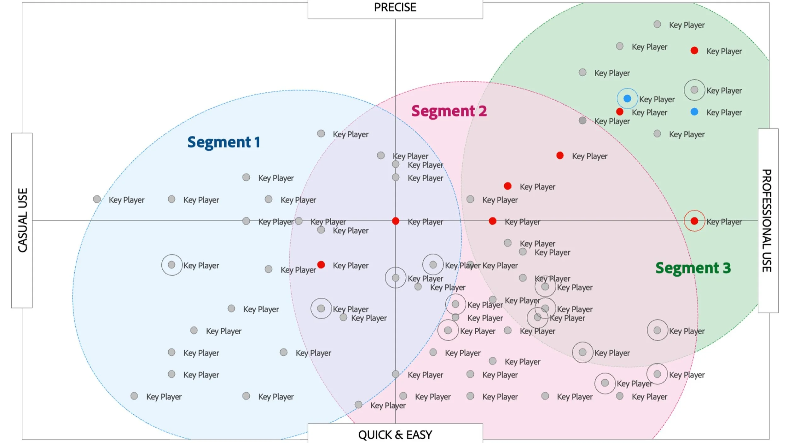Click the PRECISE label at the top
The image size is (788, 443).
395,8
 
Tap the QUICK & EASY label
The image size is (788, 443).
395,435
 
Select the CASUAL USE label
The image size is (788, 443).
22,220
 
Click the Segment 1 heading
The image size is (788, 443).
223,142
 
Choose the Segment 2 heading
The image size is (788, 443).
449,111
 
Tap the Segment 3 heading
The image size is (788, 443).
693,268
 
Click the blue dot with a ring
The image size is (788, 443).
627,99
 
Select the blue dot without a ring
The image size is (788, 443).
694,112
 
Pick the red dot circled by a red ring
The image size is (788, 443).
694,221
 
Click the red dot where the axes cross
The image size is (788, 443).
396,221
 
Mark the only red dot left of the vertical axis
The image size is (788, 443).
321,265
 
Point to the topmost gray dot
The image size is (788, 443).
657,24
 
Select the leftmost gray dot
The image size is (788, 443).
97,199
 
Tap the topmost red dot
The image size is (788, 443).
694,50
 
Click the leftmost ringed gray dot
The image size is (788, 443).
171,265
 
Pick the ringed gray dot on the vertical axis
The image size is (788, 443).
396,278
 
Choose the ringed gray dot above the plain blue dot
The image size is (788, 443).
694,90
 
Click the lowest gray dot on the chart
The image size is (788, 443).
358,404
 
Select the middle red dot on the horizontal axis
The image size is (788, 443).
492,221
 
